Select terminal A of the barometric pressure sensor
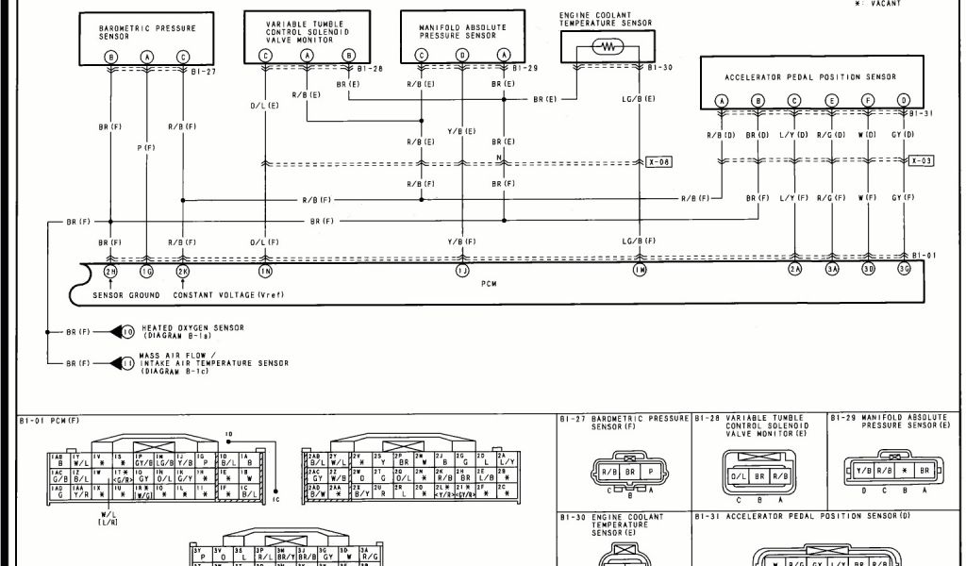147,57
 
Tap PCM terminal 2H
111,272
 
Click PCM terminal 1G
147,272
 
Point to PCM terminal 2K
182,272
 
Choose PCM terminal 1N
265,272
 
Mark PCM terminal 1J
462,272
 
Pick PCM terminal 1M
640,272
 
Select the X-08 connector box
658,162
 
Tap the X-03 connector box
922,161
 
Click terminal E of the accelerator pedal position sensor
831,100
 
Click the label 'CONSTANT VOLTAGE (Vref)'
228,294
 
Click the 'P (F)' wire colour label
147,147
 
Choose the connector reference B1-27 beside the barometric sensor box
204,71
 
